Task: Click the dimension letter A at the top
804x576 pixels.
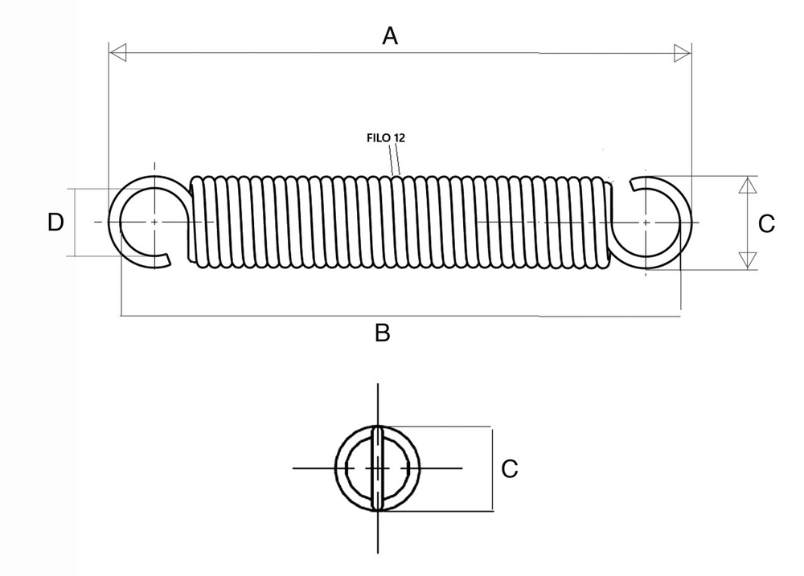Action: [390, 35]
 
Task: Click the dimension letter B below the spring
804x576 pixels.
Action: [383, 333]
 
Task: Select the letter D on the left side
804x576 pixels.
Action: [55, 223]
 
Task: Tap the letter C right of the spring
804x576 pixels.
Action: [767, 223]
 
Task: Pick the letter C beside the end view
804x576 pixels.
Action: [509, 468]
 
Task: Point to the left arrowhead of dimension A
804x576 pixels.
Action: [117, 53]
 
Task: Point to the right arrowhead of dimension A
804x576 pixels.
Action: [682, 53]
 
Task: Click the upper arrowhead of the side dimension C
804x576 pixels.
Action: [748, 185]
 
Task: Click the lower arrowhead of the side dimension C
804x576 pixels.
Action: [748, 260]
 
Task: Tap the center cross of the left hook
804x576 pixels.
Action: [153, 222]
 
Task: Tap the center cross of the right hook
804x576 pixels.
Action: [646, 222]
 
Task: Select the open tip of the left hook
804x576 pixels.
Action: [166, 259]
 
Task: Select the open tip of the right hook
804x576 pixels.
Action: [635, 186]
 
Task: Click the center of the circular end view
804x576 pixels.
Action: [377, 468]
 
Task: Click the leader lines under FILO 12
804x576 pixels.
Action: [395, 161]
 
